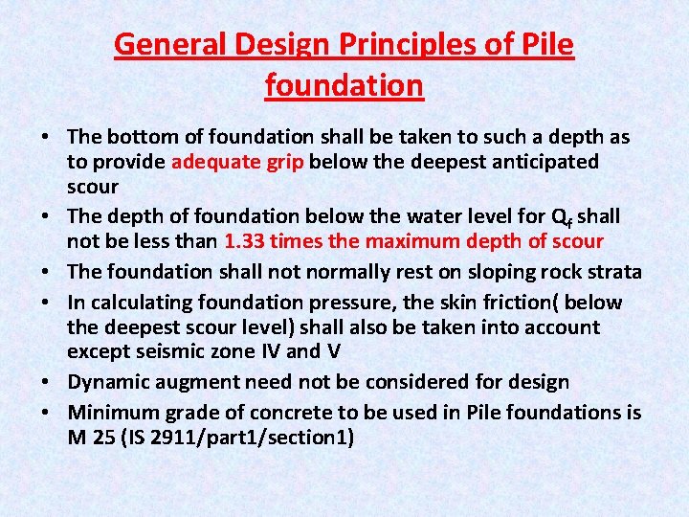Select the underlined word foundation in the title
click(x=344, y=85)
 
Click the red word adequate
click(x=216, y=162)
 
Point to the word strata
click(x=611, y=273)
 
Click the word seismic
click(x=183, y=351)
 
